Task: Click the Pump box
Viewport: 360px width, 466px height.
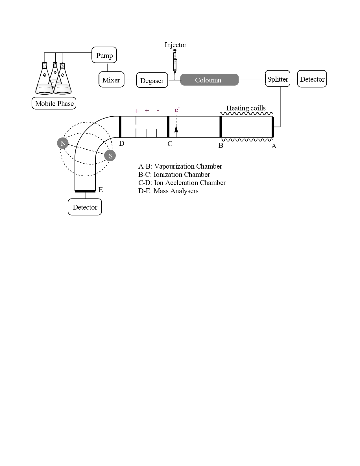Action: [104, 55]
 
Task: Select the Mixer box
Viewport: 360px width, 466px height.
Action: [111, 80]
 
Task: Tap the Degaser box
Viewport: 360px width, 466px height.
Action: [152, 80]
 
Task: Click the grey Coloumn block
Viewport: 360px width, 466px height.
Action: [209, 80]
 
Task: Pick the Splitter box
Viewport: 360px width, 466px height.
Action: [278, 79]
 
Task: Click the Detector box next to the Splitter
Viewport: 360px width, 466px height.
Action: [312, 79]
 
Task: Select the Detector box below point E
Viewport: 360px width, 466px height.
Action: [85, 207]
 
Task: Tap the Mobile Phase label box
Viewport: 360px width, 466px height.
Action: [54, 103]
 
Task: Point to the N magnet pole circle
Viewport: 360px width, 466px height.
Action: [63, 143]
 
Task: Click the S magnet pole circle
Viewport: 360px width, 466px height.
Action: [110, 155]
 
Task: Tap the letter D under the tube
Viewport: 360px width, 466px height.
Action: [122, 143]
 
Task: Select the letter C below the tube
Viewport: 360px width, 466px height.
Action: [170, 144]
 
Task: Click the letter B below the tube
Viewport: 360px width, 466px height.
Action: [221, 145]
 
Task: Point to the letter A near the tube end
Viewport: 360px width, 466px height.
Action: [274, 146]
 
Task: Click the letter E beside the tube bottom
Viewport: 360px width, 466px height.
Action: [101, 190]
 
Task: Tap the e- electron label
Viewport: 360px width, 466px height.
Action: [177, 110]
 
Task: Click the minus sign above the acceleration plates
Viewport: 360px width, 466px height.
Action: [158, 110]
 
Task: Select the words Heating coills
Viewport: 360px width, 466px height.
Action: [246, 108]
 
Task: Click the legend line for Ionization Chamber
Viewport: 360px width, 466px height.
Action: [174, 175]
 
